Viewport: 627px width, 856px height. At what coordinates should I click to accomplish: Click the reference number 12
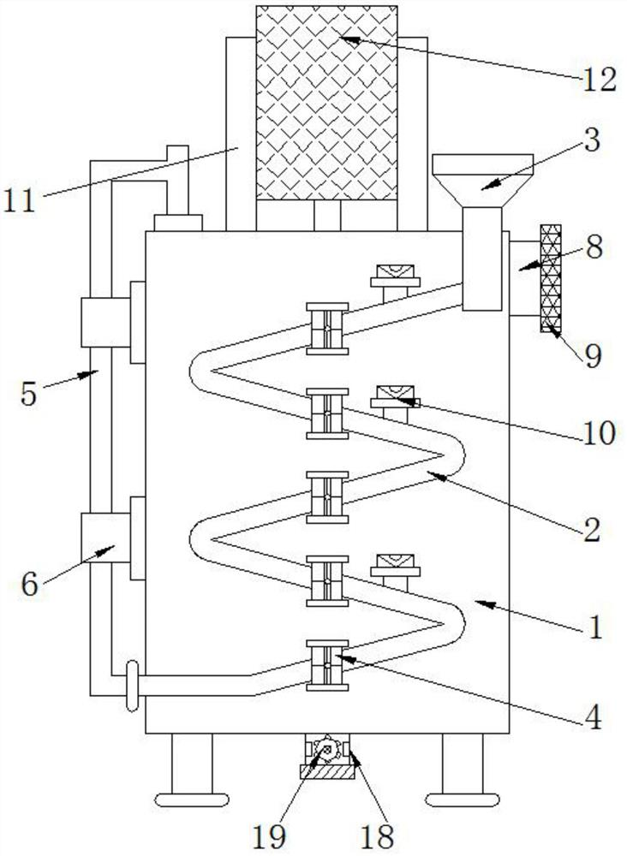click(x=597, y=80)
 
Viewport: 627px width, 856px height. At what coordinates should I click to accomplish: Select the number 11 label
click(x=21, y=202)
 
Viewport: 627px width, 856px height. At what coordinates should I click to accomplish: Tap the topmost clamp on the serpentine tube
click(x=327, y=328)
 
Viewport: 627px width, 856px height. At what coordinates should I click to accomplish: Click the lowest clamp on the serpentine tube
click(x=327, y=665)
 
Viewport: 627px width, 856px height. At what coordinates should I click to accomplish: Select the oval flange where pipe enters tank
click(x=130, y=686)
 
